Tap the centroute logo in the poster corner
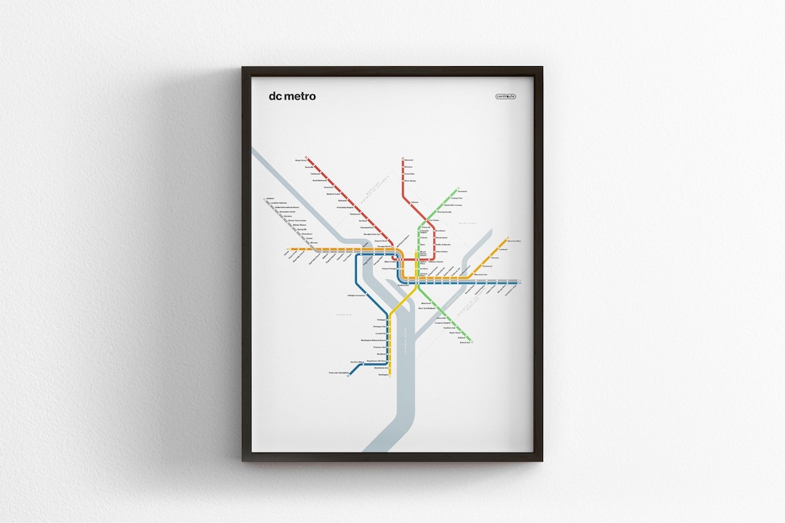(x=505, y=96)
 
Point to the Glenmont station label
(x=409, y=160)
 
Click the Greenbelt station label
(x=463, y=191)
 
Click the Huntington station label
(x=384, y=374)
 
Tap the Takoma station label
(x=415, y=202)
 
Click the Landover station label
(x=503, y=250)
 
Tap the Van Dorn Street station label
(x=356, y=361)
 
